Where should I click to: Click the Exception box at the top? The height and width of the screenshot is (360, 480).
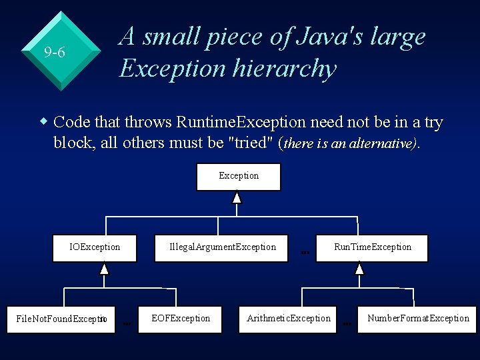[239, 176]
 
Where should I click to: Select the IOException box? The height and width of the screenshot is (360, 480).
[95, 247]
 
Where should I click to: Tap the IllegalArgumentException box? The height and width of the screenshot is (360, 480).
[223, 247]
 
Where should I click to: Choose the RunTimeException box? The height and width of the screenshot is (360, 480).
[373, 247]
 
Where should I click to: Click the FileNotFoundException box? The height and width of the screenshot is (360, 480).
[61, 319]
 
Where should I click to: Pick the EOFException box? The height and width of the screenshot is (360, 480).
[181, 318]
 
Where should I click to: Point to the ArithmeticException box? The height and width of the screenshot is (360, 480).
[289, 318]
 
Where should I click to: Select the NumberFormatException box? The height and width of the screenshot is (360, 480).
[418, 318]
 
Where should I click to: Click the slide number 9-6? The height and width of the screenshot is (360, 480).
[55, 51]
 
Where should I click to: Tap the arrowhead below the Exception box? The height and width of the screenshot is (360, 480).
[237, 197]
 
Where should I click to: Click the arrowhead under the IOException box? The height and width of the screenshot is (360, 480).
[104, 269]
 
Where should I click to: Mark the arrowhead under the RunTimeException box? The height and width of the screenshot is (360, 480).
[359, 269]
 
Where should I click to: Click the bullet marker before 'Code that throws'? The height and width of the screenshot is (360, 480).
[44, 122]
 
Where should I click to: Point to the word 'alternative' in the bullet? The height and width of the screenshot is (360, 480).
[381, 143]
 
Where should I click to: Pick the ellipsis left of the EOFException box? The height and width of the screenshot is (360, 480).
[127, 323]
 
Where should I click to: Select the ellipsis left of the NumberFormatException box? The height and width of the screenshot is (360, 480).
[347, 323]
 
